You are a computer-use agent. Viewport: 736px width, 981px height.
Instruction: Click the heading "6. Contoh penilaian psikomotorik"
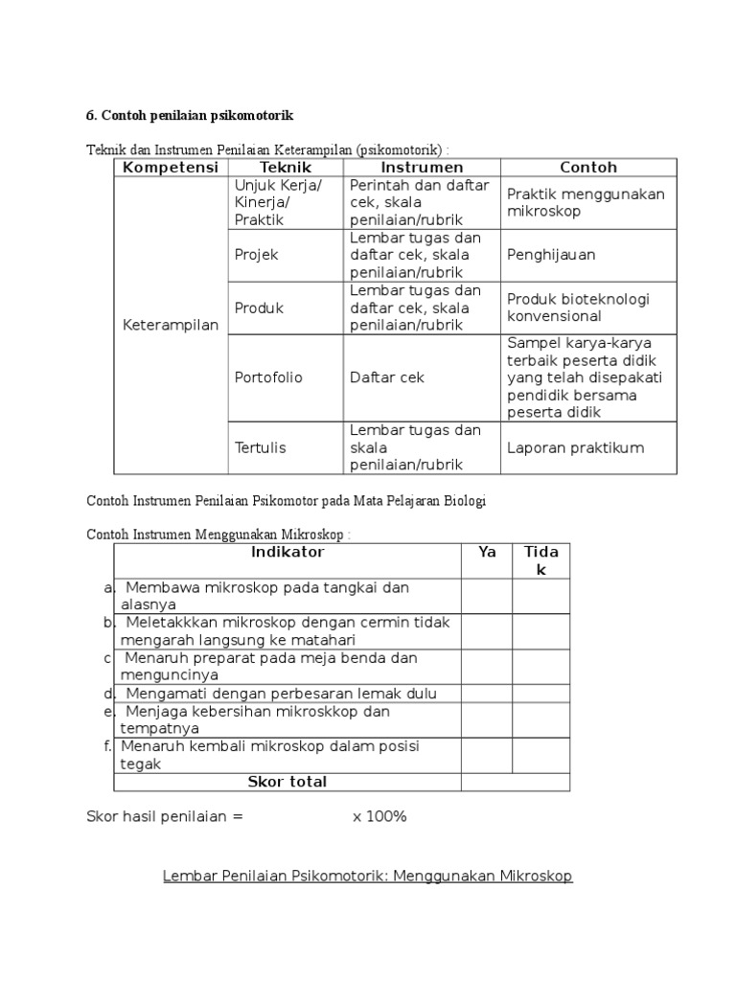[x=190, y=116]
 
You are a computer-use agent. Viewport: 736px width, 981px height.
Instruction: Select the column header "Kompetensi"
[x=171, y=168]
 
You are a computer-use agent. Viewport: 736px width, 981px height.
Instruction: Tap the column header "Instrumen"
[x=422, y=168]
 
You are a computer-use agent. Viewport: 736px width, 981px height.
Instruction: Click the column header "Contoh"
[x=588, y=168]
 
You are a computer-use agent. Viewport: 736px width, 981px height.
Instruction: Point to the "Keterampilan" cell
[x=171, y=326]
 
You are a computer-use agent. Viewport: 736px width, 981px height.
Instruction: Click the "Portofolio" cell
[x=268, y=377]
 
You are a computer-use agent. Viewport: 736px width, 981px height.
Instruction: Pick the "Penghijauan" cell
[x=551, y=255]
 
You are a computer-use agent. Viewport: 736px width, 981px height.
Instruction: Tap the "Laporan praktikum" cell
[x=575, y=447]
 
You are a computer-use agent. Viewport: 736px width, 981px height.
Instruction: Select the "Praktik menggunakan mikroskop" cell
[x=585, y=202]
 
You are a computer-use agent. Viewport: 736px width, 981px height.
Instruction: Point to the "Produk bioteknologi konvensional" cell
[x=578, y=308]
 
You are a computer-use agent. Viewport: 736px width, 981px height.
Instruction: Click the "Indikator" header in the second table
[x=287, y=553]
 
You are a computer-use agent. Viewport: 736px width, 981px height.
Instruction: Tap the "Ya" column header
[x=487, y=553]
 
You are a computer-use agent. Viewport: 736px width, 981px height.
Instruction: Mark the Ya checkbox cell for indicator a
[x=487, y=596]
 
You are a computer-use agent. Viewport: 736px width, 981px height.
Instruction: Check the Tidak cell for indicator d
[x=540, y=694]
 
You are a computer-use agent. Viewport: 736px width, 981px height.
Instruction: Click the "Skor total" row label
[x=287, y=783]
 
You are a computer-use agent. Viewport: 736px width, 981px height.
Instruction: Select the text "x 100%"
[x=379, y=817]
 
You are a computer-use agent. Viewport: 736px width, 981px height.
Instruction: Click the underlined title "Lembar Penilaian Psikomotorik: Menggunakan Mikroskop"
[x=368, y=877]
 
